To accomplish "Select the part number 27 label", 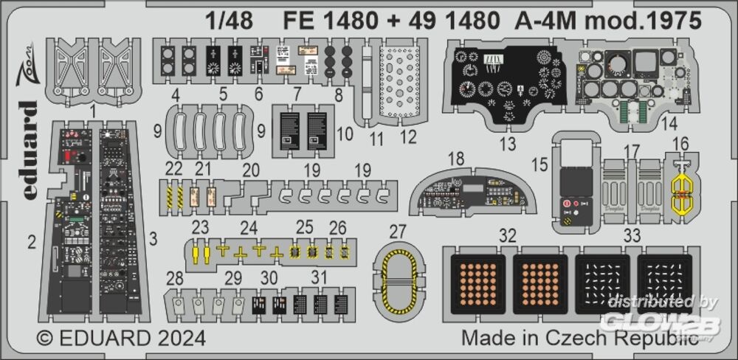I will (398, 232).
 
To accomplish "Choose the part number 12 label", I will (408, 136).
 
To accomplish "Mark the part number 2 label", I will (32, 240).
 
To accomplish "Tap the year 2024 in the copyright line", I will (177, 339).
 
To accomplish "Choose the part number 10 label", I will (345, 135).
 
